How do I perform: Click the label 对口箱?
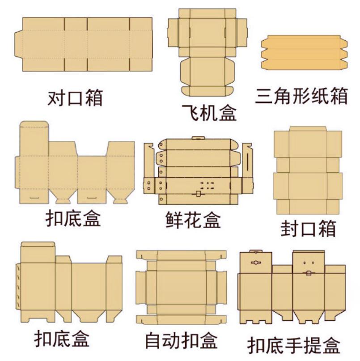coord(75,98)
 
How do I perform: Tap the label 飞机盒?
coord(209,113)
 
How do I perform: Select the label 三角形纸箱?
coord(301,96)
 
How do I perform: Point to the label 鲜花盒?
coord(193,220)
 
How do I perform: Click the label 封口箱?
coord(309,229)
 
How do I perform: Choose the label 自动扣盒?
coord(181,340)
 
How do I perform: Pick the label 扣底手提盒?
coord(294,345)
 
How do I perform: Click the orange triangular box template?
coord(304,52)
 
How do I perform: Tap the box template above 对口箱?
coord(83,44)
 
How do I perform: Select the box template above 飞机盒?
coord(207,52)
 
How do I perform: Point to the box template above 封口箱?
coord(308,170)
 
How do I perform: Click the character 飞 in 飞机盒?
coord(191,113)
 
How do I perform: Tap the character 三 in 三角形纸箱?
coord(264,96)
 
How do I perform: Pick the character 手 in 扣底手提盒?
coord(294,345)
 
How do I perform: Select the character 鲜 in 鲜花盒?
coord(175,220)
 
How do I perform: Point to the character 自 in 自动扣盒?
coord(154,340)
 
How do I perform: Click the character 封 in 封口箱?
coord(290,229)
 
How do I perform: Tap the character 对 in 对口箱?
coord(56,98)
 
